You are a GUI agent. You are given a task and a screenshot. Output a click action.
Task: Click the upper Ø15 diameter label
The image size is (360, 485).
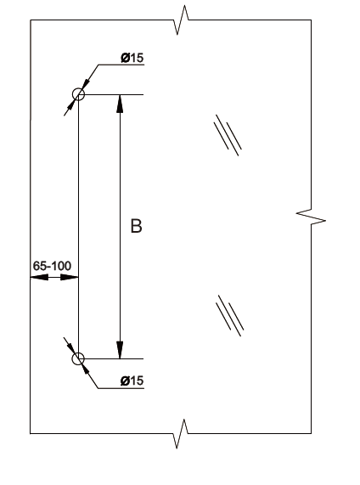tap(132, 58)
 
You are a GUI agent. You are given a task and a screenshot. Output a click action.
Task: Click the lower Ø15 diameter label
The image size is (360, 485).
tap(132, 381)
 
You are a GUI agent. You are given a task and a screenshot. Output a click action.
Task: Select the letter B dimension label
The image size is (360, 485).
tap(136, 226)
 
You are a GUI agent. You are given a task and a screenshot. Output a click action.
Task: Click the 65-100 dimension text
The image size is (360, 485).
tap(52, 266)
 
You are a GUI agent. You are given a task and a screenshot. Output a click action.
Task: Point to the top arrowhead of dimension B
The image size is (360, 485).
tap(120, 104)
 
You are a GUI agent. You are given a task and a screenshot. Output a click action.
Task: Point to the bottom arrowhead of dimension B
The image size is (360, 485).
tap(120, 350)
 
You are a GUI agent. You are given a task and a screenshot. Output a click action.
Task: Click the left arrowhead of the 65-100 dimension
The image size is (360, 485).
tap(39, 278)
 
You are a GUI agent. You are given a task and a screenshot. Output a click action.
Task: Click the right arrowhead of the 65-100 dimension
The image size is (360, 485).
tap(70, 278)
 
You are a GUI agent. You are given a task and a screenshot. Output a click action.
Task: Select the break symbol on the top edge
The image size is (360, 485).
tap(181, 20)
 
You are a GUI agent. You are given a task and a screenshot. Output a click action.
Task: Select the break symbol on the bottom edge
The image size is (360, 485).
tap(181, 433)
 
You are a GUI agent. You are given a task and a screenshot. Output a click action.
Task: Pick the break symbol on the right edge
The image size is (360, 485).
tap(311, 217)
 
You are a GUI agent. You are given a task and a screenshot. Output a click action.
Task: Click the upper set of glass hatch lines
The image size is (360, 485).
tap(228, 136)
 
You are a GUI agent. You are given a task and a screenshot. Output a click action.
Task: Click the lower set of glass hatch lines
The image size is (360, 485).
tap(230, 316)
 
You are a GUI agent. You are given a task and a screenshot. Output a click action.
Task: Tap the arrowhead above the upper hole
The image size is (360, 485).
tap(86, 83)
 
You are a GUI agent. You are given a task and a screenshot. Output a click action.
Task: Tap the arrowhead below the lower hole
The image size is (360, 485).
tap(86, 369)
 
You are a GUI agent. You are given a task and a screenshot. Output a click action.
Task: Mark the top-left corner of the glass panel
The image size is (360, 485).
tap(31, 20)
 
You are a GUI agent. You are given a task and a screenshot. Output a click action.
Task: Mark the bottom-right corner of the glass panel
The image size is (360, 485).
tap(311, 433)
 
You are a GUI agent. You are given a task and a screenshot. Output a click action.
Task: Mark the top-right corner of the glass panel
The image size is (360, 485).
tap(311, 20)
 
